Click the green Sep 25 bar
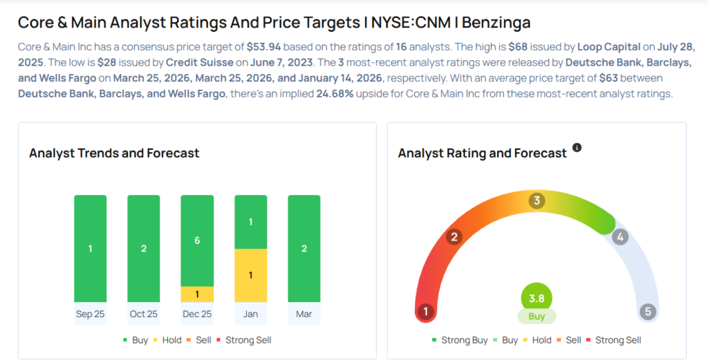pyautogui.click(x=91, y=248)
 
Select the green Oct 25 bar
pyautogui.click(x=144, y=248)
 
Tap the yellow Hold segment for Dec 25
pyautogui.click(x=197, y=294)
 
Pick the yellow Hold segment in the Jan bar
pyautogui.click(x=250, y=275)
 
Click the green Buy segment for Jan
pyautogui.click(x=250, y=222)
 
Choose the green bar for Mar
pyautogui.click(x=304, y=248)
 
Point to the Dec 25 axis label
pyautogui.click(x=197, y=314)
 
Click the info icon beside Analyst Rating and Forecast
pyautogui.click(x=577, y=148)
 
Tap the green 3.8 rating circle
pyautogui.click(x=537, y=298)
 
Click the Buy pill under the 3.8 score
pyautogui.click(x=537, y=316)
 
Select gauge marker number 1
pyautogui.click(x=426, y=312)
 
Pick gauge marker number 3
pyautogui.click(x=537, y=201)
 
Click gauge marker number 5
pyautogui.click(x=647, y=312)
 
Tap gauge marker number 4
pyautogui.click(x=620, y=237)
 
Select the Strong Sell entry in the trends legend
pyautogui.click(x=248, y=340)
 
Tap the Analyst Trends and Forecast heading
pyautogui.click(x=114, y=153)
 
